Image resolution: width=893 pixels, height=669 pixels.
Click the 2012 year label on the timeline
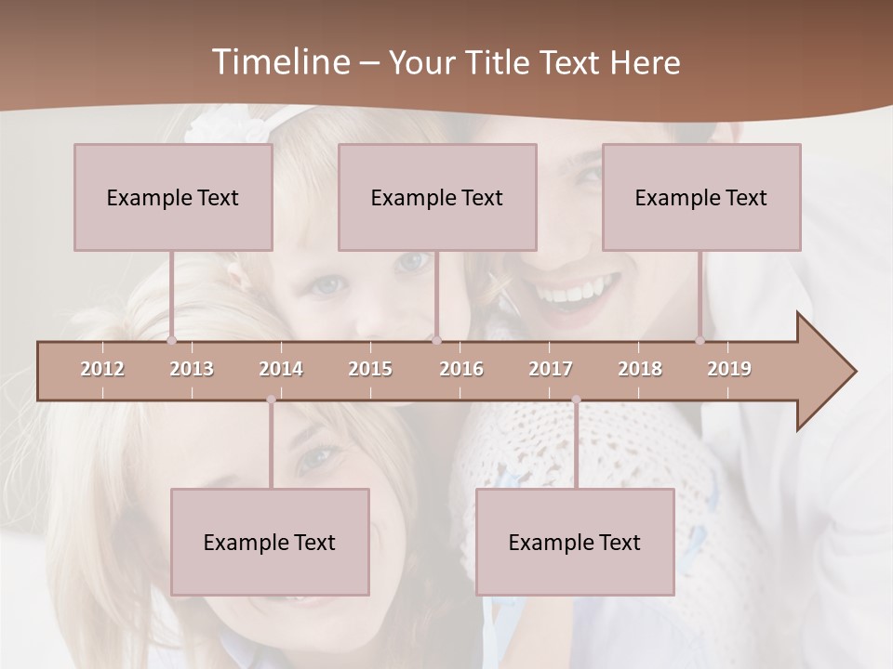pos(102,369)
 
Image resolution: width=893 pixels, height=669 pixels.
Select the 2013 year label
pos(192,369)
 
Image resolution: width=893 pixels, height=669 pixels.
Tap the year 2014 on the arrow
pos(281,369)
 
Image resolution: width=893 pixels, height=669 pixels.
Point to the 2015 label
pos(370,369)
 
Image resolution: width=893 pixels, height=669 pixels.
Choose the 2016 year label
pos(461,369)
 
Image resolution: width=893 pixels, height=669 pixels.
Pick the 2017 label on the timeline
pos(551,369)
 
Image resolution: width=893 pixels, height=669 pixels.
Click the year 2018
pos(640,369)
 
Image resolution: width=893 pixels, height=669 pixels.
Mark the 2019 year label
pos(729,369)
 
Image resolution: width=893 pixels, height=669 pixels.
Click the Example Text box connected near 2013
pos(173,197)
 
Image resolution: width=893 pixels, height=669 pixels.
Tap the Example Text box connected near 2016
pos(437,197)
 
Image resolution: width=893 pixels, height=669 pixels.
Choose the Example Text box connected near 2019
pos(701,197)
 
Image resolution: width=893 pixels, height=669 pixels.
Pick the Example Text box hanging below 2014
pos(270,542)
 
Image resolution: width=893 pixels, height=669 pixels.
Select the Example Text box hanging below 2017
pos(575,542)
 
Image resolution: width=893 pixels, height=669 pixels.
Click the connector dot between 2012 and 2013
pos(171,340)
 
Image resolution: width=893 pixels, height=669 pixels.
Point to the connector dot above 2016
pos(436,340)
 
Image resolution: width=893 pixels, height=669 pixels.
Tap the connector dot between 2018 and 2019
pos(700,340)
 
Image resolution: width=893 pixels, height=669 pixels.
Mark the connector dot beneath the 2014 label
pos(271,400)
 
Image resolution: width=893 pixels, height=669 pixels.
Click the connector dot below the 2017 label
pos(576,400)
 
